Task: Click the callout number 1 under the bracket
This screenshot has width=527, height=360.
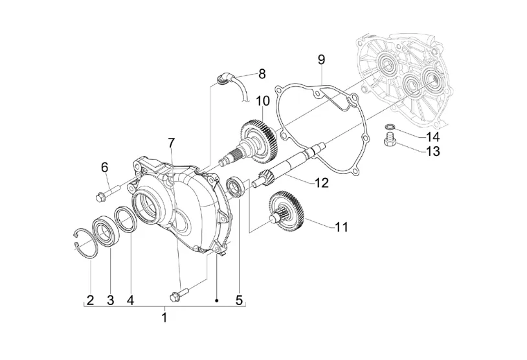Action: click(164, 317)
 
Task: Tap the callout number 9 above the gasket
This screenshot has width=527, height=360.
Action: click(321, 60)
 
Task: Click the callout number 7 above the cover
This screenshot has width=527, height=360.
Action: click(172, 143)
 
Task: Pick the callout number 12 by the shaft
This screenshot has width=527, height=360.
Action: click(322, 183)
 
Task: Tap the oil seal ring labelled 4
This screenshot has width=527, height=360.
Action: click(126, 218)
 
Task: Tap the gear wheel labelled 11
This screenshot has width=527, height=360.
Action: click(287, 210)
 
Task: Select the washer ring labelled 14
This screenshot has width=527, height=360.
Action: click(390, 127)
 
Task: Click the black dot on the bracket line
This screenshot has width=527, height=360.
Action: click(217, 300)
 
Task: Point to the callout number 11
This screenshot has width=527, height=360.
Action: click(341, 227)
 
